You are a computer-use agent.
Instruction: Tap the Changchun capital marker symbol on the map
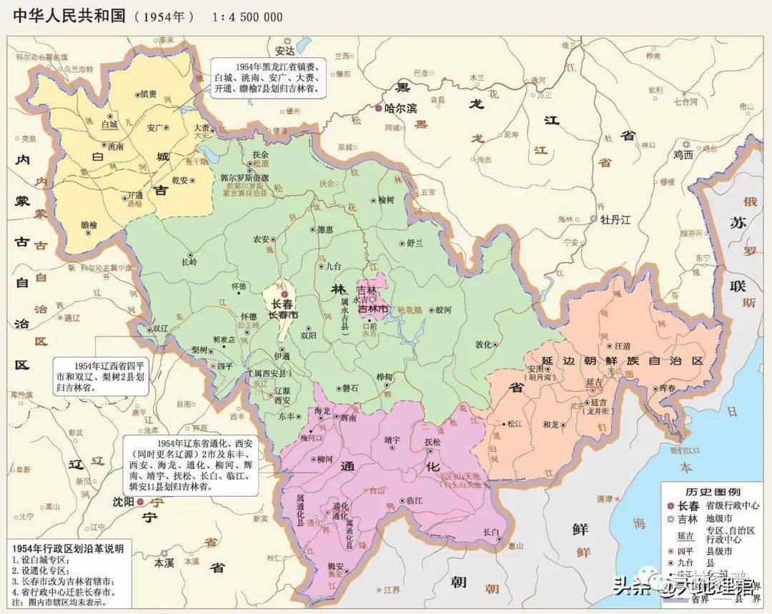(284, 294)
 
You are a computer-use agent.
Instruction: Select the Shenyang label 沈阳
(124, 502)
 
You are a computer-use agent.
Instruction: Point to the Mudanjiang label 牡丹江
(615, 219)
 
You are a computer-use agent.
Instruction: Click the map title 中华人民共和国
(68, 16)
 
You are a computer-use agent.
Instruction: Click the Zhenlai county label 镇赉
(148, 94)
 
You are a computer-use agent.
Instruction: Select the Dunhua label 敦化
(483, 344)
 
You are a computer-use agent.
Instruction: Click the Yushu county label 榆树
(387, 200)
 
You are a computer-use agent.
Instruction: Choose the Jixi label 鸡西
(683, 154)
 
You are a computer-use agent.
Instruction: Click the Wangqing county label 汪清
(623, 346)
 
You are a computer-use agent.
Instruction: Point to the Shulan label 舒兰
(415, 242)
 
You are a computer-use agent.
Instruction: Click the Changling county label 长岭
(189, 262)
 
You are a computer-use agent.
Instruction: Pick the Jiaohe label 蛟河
(443, 310)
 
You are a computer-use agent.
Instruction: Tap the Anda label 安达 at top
(284, 51)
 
